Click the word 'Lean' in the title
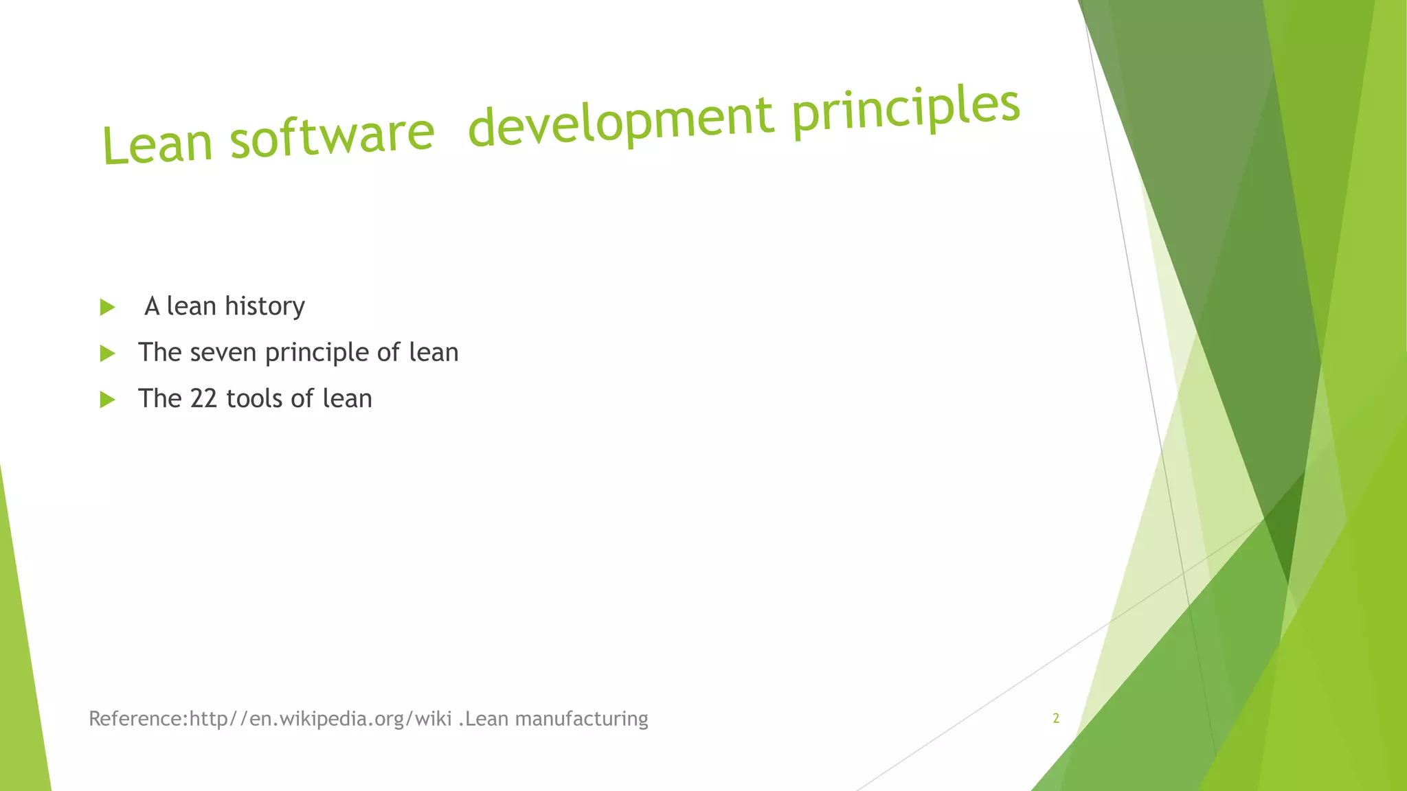pos(157,144)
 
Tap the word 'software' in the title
pos(333,134)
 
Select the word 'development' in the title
pos(620,120)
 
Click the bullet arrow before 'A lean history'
pos(107,307)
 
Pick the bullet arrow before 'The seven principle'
pos(107,354)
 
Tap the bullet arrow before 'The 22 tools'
pos(107,400)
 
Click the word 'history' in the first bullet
pos(264,307)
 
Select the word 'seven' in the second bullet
pos(223,353)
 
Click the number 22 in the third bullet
pos(203,399)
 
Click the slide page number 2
pos(1056,718)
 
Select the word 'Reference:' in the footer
pos(138,719)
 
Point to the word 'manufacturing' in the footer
pos(581,720)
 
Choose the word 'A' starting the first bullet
pos(152,307)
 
